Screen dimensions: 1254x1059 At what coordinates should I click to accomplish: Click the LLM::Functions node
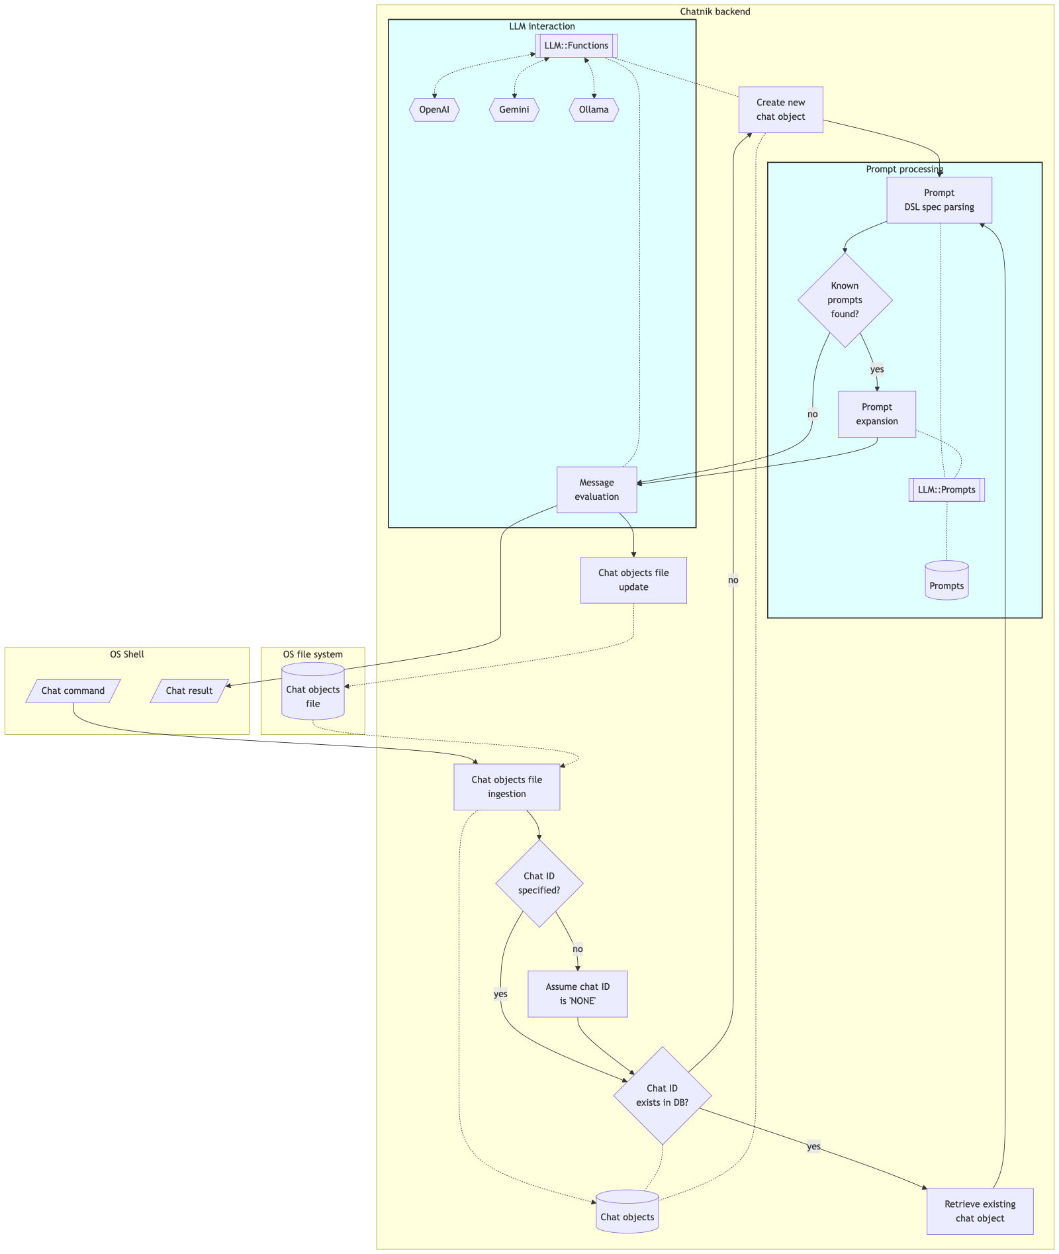pyautogui.click(x=576, y=46)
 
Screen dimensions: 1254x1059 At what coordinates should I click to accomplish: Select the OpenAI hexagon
pyautogui.click(x=434, y=110)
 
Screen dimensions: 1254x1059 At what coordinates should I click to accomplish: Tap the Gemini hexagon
pyautogui.click(x=514, y=110)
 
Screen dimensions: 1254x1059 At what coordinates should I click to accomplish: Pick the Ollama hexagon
pyautogui.click(x=594, y=110)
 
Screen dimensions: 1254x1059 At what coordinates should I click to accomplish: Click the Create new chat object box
pyautogui.click(x=780, y=110)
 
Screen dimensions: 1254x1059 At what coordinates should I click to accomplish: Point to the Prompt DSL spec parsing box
pyautogui.click(x=939, y=200)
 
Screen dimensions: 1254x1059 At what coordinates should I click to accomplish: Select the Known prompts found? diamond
pyautogui.click(x=845, y=300)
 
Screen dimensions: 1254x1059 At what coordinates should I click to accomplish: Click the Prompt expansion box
pyautogui.click(x=877, y=414)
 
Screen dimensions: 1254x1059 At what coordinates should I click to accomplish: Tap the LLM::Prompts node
pyautogui.click(x=946, y=490)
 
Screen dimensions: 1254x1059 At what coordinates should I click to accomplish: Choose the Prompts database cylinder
pyautogui.click(x=946, y=581)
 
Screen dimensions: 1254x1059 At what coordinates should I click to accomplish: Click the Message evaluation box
pyautogui.click(x=597, y=490)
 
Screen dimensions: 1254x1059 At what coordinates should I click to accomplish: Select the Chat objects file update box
pyautogui.click(x=633, y=580)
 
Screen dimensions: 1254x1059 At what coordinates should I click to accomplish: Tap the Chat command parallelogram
pyautogui.click(x=73, y=691)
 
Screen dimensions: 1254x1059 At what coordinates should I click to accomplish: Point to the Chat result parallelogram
pyautogui.click(x=189, y=691)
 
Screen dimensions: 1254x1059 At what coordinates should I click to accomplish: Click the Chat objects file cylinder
pyautogui.click(x=313, y=691)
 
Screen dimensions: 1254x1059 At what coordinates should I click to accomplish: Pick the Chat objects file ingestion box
pyautogui.click(x=507, y=787)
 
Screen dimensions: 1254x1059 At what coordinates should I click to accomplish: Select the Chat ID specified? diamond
pyautogui.click(x=539, y=883)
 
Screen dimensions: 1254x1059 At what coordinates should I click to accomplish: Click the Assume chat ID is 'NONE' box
pyautogui.click(x=578, y=994)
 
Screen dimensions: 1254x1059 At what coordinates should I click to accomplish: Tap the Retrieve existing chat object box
pyautogui.click(x=980, y=1211)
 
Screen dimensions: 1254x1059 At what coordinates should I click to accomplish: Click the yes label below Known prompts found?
pyautogui.click(x=877, y=369)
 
